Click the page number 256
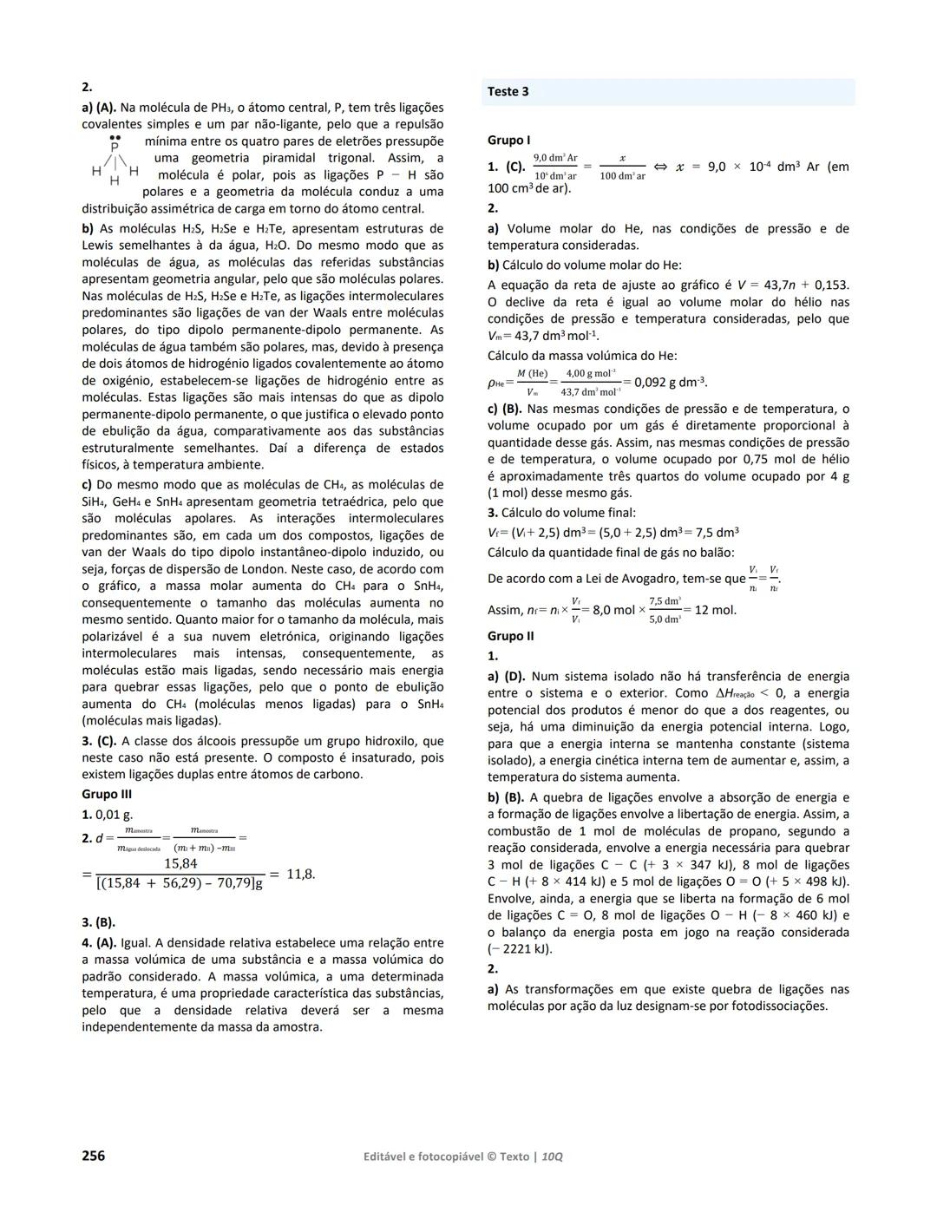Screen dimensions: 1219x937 93,1156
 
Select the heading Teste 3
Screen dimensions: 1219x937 508,92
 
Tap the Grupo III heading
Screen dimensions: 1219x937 107,794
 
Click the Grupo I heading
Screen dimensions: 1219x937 509,140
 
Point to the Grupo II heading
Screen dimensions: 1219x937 511,636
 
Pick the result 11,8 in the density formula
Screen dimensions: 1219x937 300,874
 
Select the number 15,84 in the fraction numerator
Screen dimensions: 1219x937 180,863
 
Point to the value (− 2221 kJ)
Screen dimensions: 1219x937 520,948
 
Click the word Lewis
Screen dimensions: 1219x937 99,246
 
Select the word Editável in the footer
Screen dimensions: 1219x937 388,1157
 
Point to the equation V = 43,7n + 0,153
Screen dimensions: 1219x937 780,285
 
